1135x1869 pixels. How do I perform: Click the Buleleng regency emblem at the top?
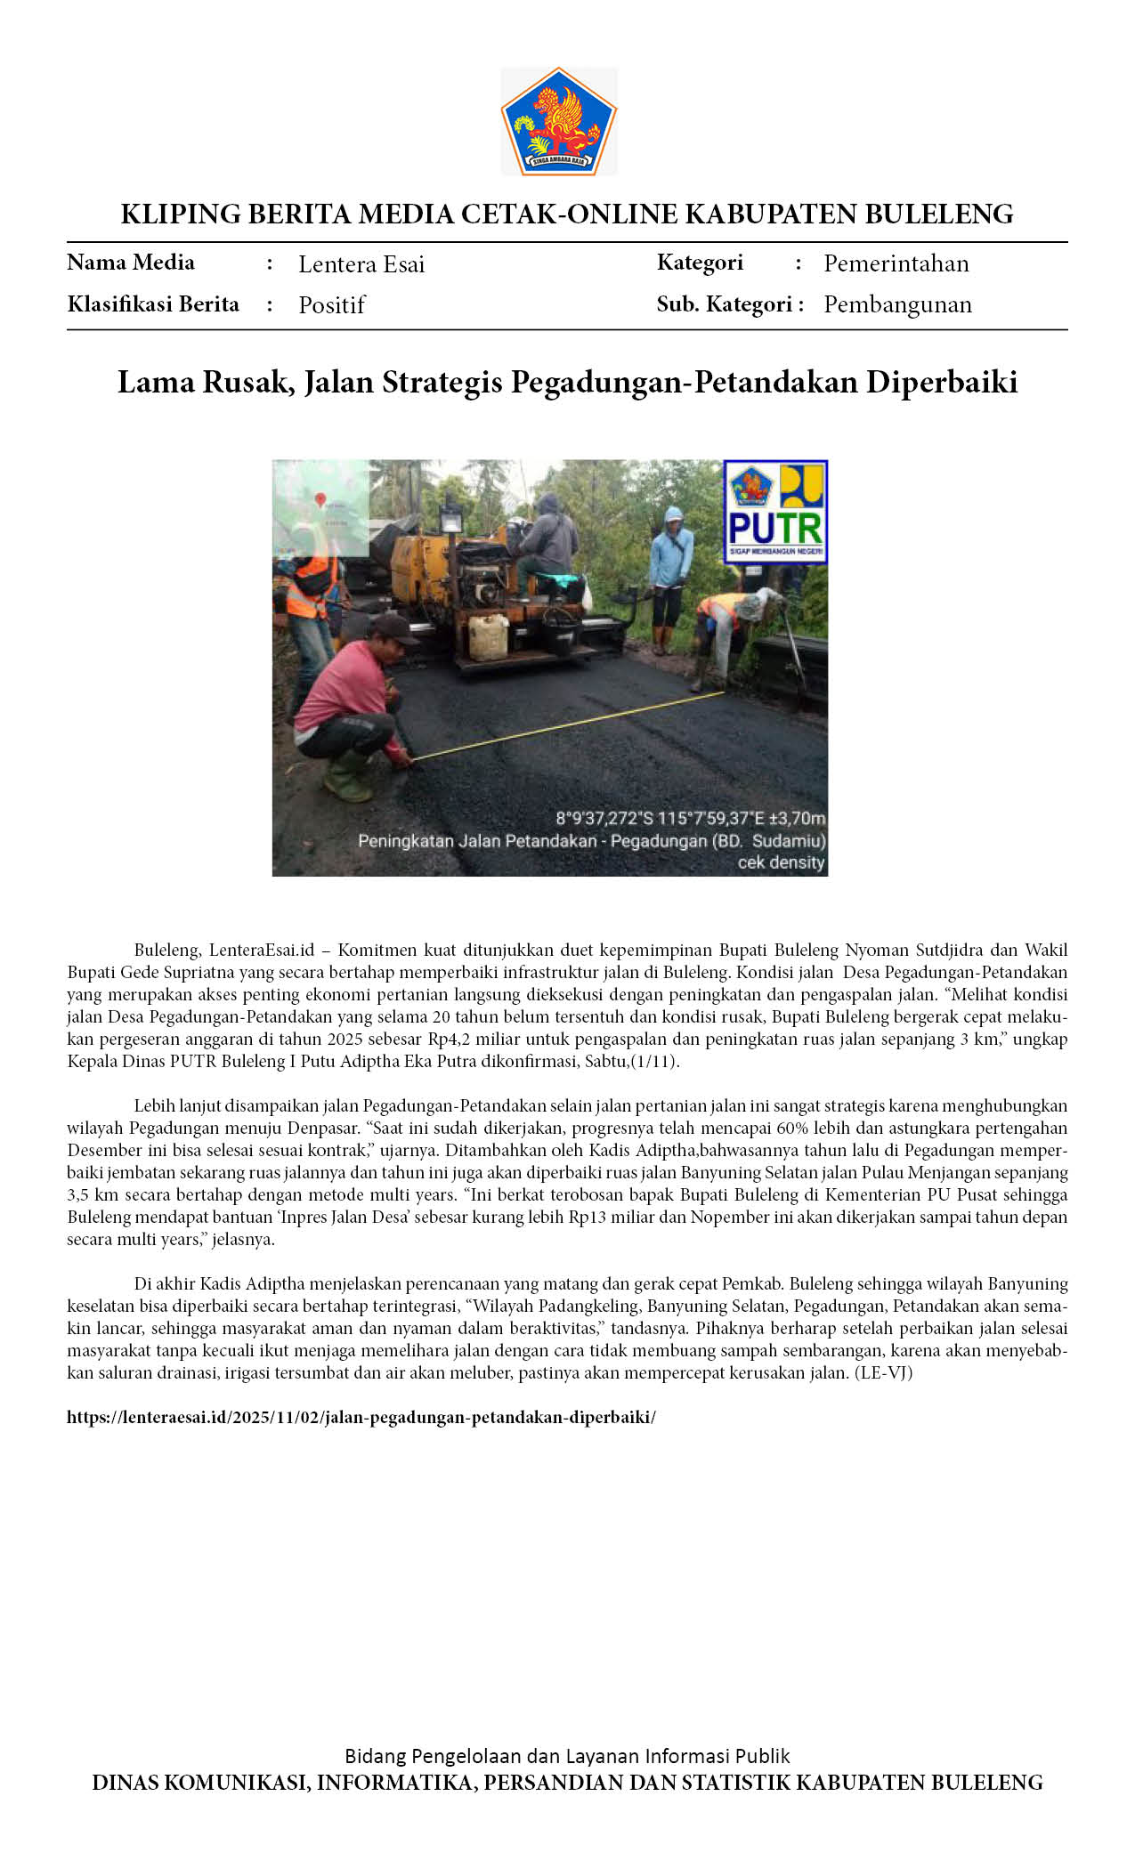558,121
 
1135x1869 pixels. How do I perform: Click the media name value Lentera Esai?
361,264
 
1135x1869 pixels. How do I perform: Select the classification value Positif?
331,305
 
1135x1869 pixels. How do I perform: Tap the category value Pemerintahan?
896,263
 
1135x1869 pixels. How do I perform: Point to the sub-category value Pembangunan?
897,304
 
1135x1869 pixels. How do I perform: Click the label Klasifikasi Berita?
153,304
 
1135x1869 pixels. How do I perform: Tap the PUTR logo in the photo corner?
775,512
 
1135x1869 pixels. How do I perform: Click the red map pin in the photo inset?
320,500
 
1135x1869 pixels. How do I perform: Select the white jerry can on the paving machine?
488,637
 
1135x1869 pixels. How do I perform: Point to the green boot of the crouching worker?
347,776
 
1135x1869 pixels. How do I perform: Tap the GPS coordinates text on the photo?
691,818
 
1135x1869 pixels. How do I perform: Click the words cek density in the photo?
781,862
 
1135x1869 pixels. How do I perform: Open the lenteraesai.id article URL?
361,1418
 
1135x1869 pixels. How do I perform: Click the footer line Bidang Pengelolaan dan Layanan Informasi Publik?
567,1756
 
